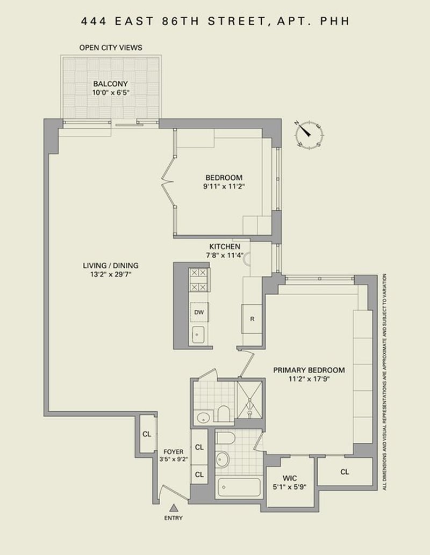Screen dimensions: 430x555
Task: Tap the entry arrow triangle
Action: [174, 508]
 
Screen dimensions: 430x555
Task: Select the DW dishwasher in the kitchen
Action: [199, 312]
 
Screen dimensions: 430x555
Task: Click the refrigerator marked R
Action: [252, 318]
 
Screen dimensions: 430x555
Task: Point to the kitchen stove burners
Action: [198, 280]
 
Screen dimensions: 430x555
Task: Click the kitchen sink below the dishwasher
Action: [198, 334]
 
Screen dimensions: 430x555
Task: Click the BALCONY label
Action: [111, 84]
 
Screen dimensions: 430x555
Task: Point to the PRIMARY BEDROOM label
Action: [309, 370]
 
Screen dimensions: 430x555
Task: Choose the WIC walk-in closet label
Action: [290, 478]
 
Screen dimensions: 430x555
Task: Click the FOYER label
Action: [174, 452]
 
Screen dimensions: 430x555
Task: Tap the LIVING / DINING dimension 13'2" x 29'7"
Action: [111, 274]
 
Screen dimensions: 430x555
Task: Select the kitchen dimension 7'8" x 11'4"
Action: [225, 255]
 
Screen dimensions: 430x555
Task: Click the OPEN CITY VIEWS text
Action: [111, 47]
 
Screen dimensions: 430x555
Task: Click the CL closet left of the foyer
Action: [147, 434]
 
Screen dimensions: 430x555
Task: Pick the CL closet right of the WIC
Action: [345, 472]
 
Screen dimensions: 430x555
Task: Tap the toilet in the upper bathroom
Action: [223, 413]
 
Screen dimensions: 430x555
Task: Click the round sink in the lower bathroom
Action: [223, 459]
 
